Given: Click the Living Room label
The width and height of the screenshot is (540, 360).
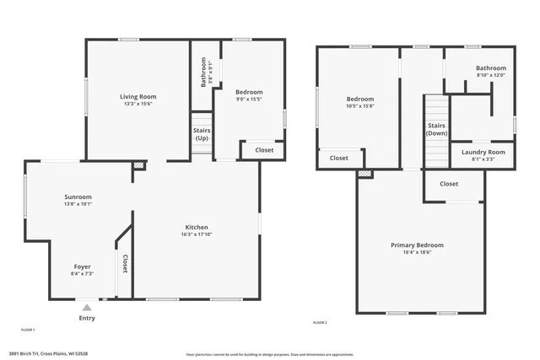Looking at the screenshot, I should [x=138, y=97].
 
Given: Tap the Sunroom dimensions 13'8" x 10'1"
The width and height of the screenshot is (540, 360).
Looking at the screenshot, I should [x=78, y=204].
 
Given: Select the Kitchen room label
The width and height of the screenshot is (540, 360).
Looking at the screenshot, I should [x=197, y=227].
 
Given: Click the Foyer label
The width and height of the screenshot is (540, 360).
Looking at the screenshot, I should [x=82, y=266].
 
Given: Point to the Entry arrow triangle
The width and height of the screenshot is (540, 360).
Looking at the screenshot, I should [x=87, y=307].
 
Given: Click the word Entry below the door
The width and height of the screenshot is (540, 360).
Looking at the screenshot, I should [x=87, y=318].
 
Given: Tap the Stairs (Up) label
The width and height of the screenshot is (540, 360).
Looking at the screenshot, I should [x=202, y=134].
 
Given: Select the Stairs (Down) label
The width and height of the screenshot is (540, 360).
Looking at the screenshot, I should [x=436, y=129].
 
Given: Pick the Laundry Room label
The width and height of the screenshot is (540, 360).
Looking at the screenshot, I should [x=483, y=152].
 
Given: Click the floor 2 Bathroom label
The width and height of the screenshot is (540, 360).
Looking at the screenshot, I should [x=490, y=67].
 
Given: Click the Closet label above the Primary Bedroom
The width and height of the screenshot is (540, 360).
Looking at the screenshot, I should [x=449, y=183].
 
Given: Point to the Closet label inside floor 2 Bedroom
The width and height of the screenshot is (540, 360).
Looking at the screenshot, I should [x=338, y=158].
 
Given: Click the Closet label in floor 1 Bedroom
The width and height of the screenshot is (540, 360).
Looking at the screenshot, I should [x=264, y=150].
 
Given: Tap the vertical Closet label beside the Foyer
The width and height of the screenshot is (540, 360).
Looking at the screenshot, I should [x=125, y=264].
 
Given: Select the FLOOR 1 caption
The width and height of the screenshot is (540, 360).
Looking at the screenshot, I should [x=28, y=329].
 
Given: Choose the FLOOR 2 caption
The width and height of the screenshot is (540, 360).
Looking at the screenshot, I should [x=320, y=323].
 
